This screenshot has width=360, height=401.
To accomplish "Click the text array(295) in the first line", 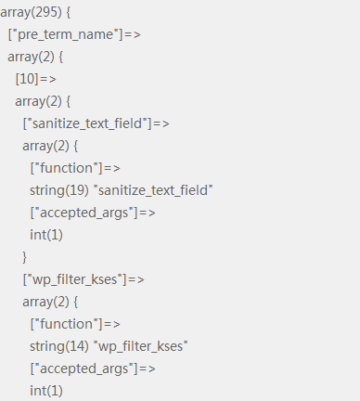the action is click(x=31, y=13).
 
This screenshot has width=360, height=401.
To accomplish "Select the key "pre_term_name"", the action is click(x=66, y=34).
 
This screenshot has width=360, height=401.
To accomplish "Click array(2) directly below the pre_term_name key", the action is click(x=31, y=58).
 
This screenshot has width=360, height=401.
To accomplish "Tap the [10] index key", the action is click(x=27, y=79).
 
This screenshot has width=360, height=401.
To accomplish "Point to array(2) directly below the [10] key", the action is click(x=38, y=102).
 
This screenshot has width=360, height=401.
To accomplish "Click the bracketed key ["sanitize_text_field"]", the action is click(x=87, y=123).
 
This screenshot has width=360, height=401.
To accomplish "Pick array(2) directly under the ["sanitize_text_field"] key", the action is click(x=45, y=147).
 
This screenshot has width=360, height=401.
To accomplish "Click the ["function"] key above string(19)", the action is click(x=66, y=168).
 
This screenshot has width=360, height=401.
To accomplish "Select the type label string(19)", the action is click(x=59, y=190).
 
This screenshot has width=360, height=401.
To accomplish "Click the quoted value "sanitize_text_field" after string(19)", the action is click(x=155, y=189).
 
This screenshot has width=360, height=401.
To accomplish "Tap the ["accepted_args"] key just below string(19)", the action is click(x=84, y=213).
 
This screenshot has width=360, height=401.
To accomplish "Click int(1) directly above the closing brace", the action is click(x=46, y=235).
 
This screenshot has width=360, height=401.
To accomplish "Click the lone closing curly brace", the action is click(x=24, y=257).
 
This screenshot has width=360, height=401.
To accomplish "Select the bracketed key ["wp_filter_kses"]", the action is click(x=75, y=279).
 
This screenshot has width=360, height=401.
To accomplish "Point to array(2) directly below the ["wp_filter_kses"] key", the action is click(x=45, y=303).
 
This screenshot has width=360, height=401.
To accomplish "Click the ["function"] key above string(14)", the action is click(x=66, y=324).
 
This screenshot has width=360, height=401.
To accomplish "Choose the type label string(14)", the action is click(x=59, y=346).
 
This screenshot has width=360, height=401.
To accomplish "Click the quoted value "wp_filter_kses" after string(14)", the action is click(x=141, y=346).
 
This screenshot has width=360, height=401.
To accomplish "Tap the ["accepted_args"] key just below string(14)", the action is click(x=84, y=369).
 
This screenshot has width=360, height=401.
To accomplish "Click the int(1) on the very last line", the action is click(x=46, y=391).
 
